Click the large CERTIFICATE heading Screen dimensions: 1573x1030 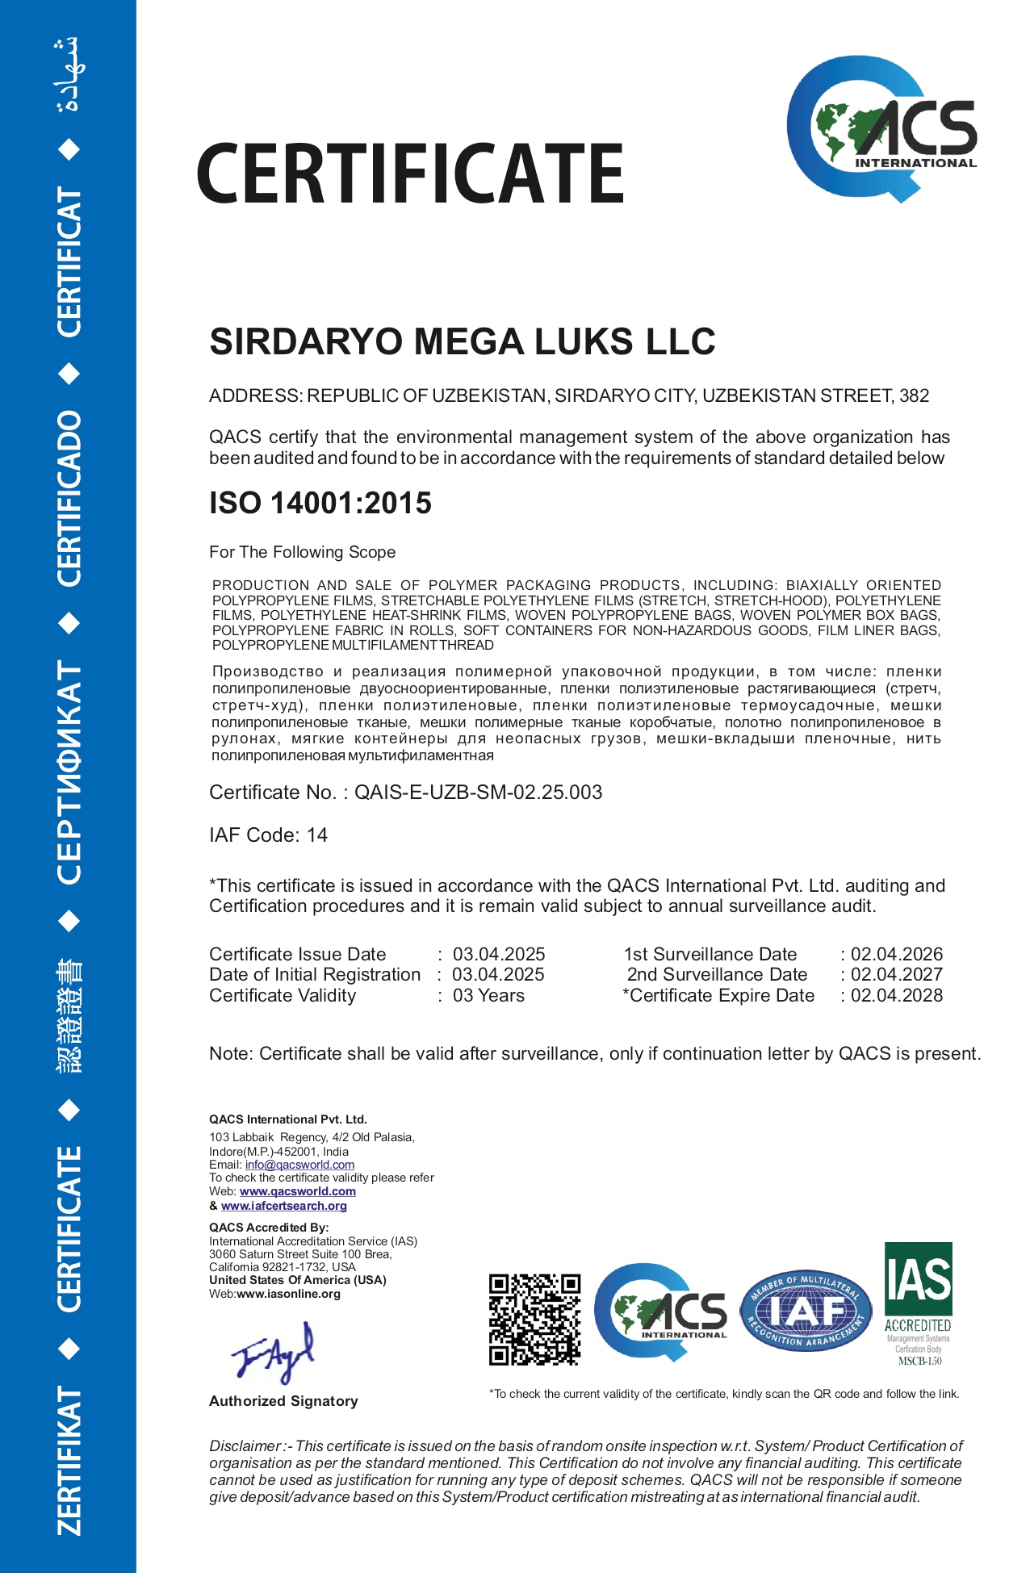click(x=410, y=174)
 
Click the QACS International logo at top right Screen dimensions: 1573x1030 click(x=881, y=129)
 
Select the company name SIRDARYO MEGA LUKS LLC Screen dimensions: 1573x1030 click(x=462, y=341)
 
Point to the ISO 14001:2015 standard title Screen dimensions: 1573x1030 click(x=320, y=503)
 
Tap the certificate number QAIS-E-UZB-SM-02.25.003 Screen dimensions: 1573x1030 click(x=478, y=793)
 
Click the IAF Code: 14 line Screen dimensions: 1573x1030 click(x=268, y=835)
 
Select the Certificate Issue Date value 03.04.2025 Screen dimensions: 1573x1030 click(x=498, y=954)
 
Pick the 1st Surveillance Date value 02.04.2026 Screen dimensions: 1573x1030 click(x=896, y=954)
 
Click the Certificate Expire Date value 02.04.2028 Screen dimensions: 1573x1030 click(x=896, y=995)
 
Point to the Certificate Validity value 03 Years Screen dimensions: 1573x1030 click(x=488, y=995)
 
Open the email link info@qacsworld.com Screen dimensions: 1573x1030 click(x=299, y=1165)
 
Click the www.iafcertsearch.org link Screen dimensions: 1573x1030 click(x=283, y=1206)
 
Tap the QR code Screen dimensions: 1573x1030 click(x=534, y=1320)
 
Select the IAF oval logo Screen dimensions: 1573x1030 click(x=806, y=1312)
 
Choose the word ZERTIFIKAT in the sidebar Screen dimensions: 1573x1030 click(x=69, y=1461)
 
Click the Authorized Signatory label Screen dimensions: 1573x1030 click(x=283, y=1401)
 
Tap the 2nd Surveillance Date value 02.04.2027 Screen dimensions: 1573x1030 click(x=896, y=974)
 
